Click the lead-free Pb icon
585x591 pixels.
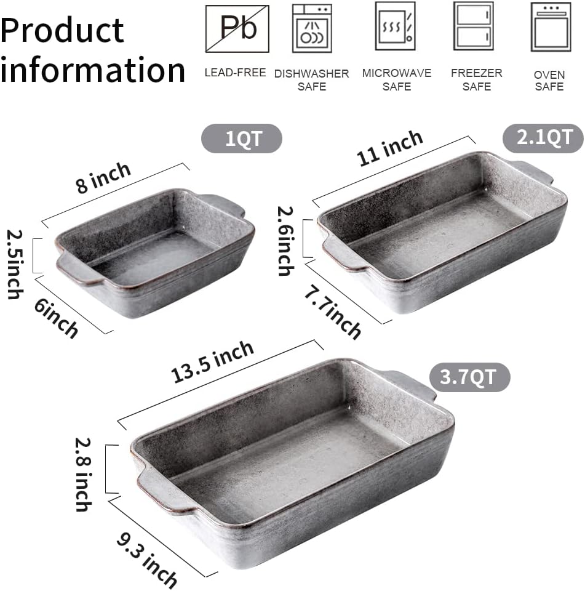pyautogui.click(x=237, y=29)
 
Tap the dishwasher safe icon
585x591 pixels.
pyautogui.click(x=311, y=28)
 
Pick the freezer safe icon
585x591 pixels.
pyautogui.click(x=473, y=26)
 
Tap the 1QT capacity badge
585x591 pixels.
pyautogui.click(x=242, y=139)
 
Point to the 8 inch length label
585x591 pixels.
pyautogui.click(x=103, y=178)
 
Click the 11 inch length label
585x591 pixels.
pyautogui.click(x=390, y=148)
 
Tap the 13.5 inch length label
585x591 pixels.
pyautogui.click(x=213, y=361)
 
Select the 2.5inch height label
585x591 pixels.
pyautogui.click(x=14, y=263)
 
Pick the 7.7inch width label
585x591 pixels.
pyautogui.click(x=332, y=312)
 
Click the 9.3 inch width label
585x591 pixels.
pyautogui.click(x=148, y=558)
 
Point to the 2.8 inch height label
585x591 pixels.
pyautogui.click(x=82, y=474)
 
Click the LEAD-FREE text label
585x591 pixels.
pyautogui.click(x=235, y=73)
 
